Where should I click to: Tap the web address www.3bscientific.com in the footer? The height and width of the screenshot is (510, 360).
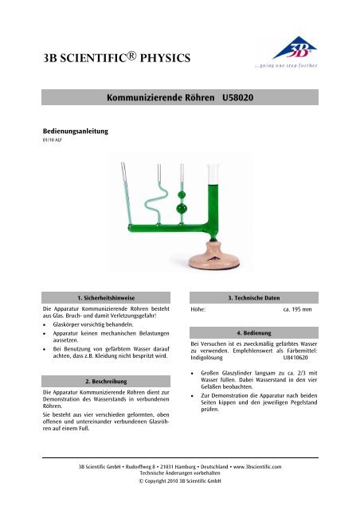point(268,465)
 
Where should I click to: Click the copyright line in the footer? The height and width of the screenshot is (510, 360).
point(179,481)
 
